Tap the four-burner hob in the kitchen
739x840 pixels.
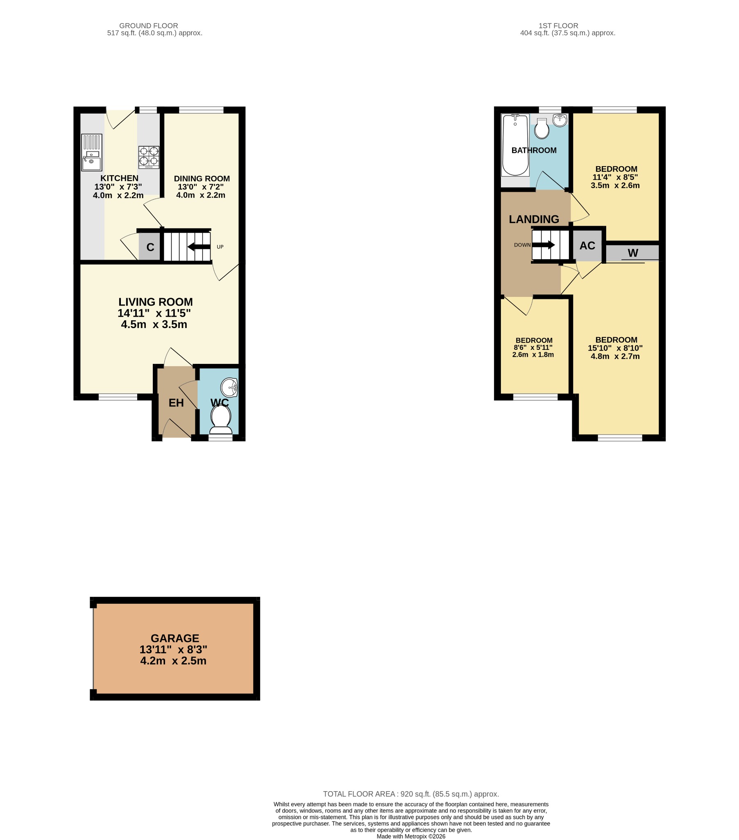coord(149,157)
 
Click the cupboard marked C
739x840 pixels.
coord(150,247)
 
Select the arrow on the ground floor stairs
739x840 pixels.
coord(199,247)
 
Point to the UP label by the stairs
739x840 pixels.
coord(220,247)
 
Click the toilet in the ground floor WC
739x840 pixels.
coord(221,418)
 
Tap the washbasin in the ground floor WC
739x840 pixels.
coord(229,387)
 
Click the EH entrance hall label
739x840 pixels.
coord(176,403)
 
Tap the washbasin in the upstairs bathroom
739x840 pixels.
coord(560,121)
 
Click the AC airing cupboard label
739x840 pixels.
coord(587,246)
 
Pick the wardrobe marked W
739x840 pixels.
coord(632,253)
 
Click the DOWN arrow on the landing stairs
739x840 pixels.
coord(544,245)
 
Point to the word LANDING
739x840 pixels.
coord(534,219)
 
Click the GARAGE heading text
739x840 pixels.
coord(175,638)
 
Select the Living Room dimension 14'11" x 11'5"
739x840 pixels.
coord(154,313)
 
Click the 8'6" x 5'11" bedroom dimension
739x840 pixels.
coord(533,347)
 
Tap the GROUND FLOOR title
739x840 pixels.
coord(149,25)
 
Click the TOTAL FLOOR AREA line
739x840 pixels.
coord(410,794)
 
